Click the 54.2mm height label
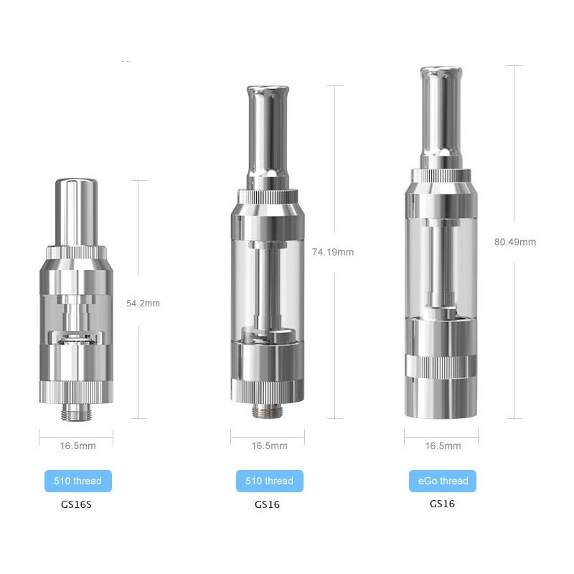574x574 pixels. pos(143,303)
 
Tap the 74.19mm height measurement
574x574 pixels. pos(332,252)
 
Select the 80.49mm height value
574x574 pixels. pos(515,242)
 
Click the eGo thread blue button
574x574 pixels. pos(443,481)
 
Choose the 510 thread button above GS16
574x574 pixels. pos(269,481)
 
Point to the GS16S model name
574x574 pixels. pos(77,504)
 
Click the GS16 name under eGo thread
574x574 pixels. pos(442,504)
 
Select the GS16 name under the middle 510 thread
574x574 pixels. pos(267,504)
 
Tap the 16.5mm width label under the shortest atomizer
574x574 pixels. pos(77,446)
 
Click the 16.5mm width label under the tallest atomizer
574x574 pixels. pos(443,446)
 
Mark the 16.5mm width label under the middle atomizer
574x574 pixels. pos(269,446)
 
